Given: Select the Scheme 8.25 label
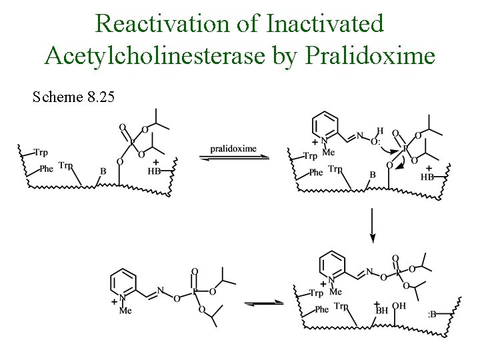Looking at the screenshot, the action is click(x=73, y=98).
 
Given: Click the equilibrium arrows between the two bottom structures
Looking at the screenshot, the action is click(x=261, y=303).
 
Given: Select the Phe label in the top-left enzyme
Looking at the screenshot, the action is click(x=46, y=169).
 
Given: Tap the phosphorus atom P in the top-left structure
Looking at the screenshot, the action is click(x=131, y=141).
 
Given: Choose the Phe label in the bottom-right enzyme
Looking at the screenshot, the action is click(x=322, y=309).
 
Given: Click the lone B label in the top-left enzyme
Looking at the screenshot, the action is click(x=103, y=171).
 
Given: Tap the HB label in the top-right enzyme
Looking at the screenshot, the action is click(x=428, y=177).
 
